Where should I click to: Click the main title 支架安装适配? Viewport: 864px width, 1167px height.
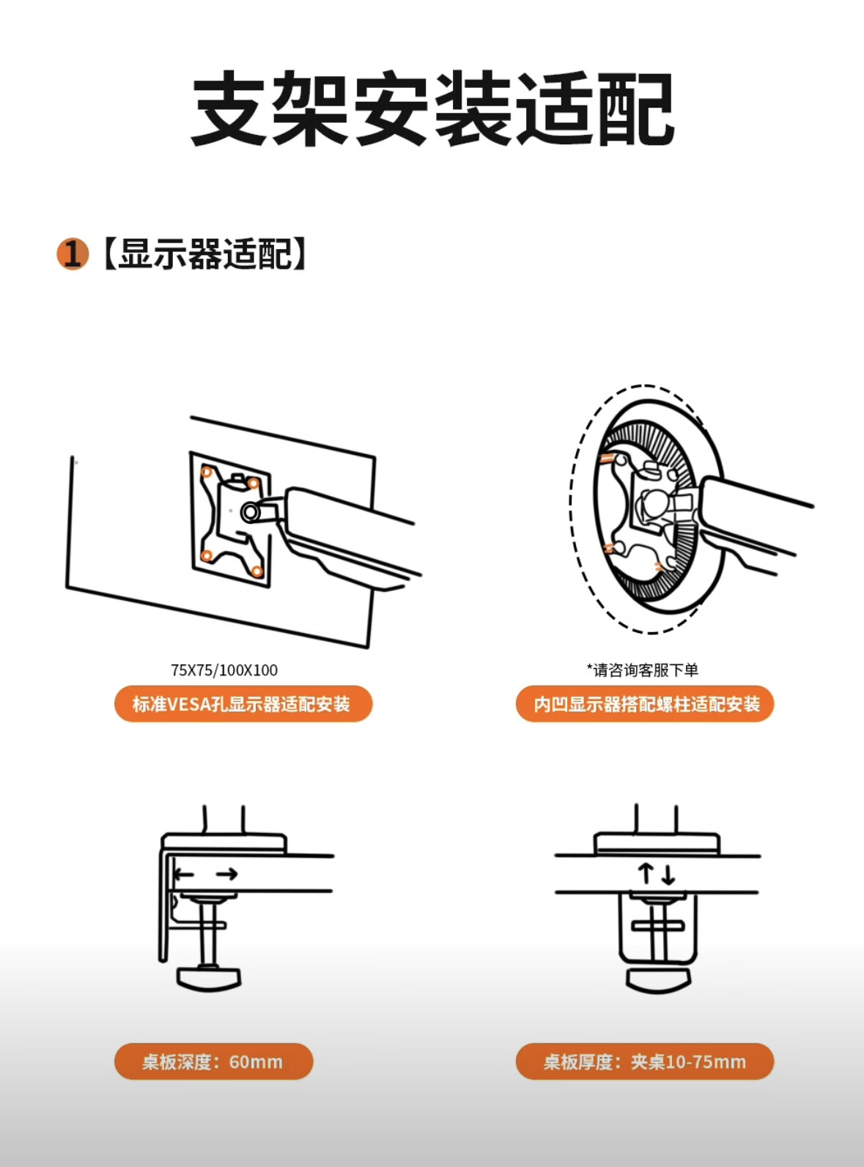[432, 108]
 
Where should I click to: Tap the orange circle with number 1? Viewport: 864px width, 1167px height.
[72, 254]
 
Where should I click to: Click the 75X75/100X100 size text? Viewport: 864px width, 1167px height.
[224, 670]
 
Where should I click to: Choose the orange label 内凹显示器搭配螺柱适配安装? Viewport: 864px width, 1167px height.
[645, 703]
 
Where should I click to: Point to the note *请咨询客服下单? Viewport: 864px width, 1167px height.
[643, 670]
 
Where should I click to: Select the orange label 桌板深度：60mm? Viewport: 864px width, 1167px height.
[214, 1062]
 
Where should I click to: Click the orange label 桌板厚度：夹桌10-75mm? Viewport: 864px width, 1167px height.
[645, 1062]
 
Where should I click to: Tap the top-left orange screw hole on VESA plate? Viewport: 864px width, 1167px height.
[207, 473]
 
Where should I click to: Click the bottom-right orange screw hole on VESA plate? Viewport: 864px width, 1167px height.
[257, 571]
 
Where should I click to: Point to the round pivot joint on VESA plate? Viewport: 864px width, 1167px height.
[250, 512]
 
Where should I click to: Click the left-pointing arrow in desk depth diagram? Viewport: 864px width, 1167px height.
[184, 875]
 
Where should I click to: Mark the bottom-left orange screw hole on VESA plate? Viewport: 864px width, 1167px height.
[207, 555]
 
